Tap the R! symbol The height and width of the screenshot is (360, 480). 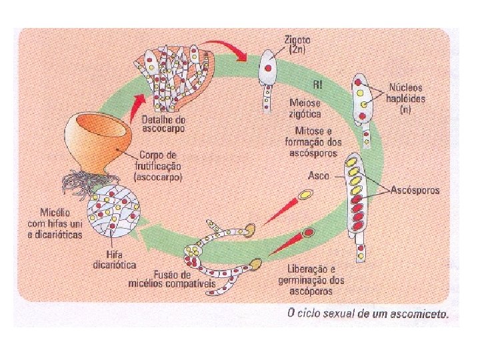click(x=319, y=84)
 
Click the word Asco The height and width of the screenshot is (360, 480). click(x=319, y=175)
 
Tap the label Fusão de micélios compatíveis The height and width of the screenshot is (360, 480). click(x=169, y=279)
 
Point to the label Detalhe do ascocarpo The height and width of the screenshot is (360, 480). click(x=164, y=123)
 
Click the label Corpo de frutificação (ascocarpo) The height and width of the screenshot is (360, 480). click(x=159, y=165)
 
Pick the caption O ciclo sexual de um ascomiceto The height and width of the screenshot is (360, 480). click(x=367, y=313)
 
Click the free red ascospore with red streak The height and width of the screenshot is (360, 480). click(x=309, y=233)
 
